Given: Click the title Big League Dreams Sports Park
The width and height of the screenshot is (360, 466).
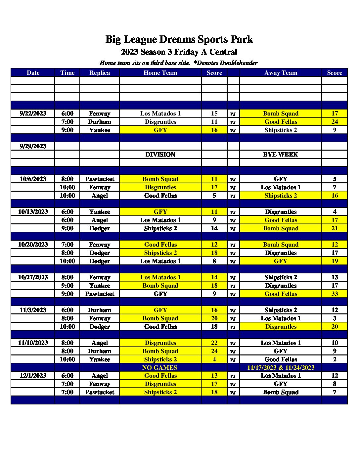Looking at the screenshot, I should pyautogui.click(x=179, y=39).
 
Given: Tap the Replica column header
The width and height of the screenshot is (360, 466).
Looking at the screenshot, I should pyautogui.click(x=99, y=73).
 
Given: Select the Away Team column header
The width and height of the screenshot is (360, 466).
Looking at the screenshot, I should pyautogui.click(x=281, y=73).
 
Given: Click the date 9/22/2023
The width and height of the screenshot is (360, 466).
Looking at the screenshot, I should pyautogui.click(x=33, y=114).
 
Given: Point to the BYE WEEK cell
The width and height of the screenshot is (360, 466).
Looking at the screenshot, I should pyautogui.click(x=281, y=155).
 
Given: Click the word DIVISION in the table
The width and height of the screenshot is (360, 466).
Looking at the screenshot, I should pyautogui.click(x=160, y=155).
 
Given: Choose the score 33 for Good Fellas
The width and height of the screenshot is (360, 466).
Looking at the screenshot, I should pyautogui.click(x=335, y=294).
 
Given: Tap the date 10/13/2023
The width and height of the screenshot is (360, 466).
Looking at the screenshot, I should pyautogui.click(x=33, y=212).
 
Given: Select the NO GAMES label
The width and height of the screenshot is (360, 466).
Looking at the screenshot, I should pyautogui.click(x=160, y=368).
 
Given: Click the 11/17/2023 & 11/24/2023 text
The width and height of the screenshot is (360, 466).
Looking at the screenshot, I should pyautogui.click(x=281, y=368).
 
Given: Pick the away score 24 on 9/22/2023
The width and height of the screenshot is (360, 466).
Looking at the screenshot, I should pyautogui.click(x=335, y=122).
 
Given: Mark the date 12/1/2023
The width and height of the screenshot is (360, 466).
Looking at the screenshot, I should pyautogui.click(x=33, y=376).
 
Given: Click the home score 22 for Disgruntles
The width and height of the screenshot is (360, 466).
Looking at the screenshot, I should pyautogui.click(x=214, y=343).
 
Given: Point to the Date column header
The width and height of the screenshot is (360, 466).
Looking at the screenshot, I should pyautogui.click(x=33, y=73).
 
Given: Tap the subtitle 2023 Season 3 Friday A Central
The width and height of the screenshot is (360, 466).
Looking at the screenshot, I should pyautogui.click(x=179, y=52).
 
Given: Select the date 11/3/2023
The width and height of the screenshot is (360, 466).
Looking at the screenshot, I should pyautogui.click(x=33, y=310).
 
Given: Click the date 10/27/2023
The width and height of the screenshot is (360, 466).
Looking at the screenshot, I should pyautogui.click(x=33, y=277).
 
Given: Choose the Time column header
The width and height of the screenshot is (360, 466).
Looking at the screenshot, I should pyautogui.click(x=67, y=73).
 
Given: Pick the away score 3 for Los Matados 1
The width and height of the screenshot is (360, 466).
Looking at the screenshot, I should pyautogui.click(x=335, y=318).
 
